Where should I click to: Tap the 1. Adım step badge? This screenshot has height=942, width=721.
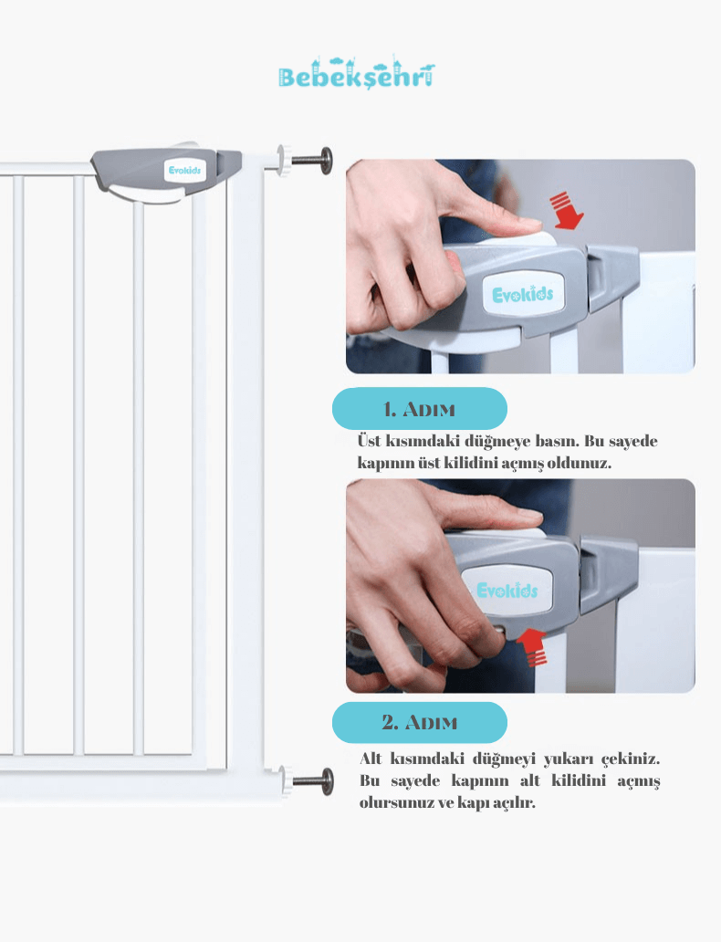[420, 409]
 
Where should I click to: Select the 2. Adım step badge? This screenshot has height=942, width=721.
[420, 722]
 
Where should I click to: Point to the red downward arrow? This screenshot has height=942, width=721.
[565, 210]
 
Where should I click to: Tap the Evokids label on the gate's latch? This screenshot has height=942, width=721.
[184, 171]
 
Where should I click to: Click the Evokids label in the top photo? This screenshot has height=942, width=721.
[523, 294]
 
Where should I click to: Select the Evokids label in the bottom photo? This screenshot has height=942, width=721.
[507, 590]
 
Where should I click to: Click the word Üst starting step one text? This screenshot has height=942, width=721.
[369, 441]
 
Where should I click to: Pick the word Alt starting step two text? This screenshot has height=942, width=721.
[371, 759]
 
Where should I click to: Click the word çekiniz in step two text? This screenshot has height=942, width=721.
[631, 759]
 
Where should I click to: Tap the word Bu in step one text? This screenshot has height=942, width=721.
[594, 441]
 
